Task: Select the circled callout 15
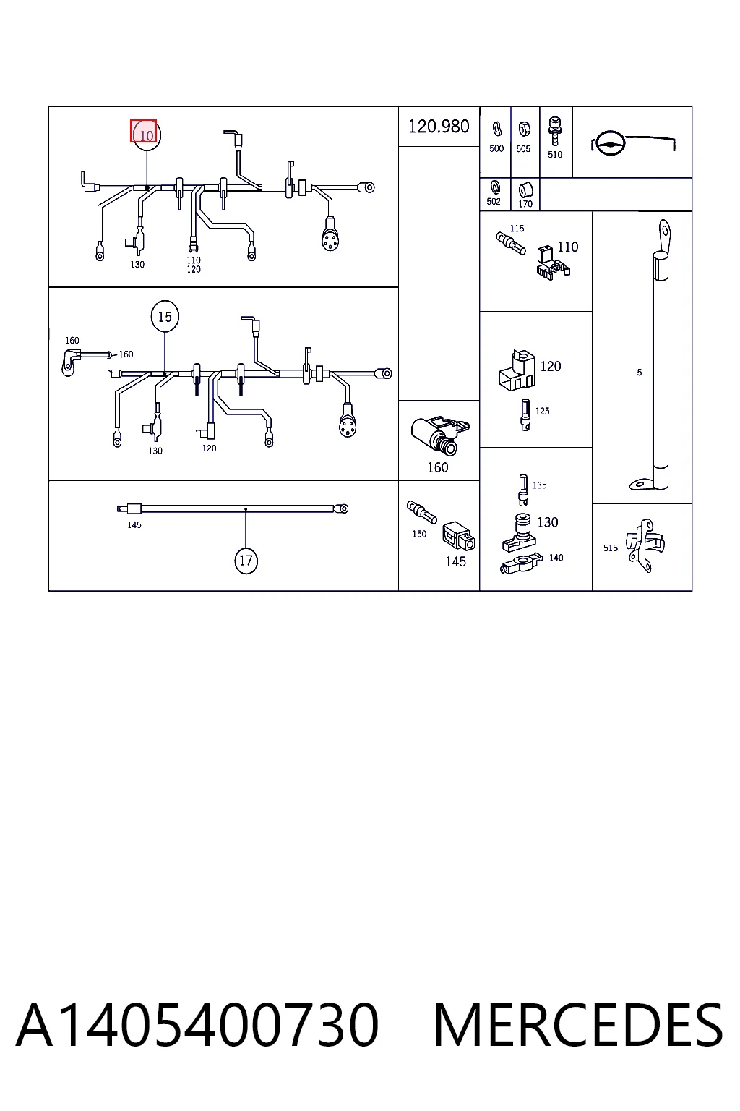coord(165,316)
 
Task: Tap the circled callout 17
coord(246,561)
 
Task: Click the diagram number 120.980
coord(439,127)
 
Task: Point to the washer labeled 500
coord(496,129)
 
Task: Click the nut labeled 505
coord(524,129)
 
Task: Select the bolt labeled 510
coord(555,132)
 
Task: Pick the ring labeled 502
coord(494,187)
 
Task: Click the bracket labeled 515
coord(645,545)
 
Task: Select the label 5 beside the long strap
coord(640,372)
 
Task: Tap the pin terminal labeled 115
coord(510,243)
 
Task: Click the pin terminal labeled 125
coord(525,414)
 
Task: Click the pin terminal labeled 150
coord(421,512)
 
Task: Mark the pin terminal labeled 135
coord(523,490)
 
